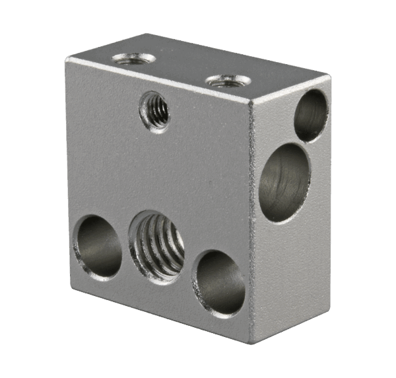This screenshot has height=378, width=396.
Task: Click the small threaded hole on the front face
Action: click(x=155, y=111)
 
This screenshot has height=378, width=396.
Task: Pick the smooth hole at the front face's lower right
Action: click(x=220, y=282)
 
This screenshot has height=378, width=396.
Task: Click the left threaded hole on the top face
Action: click(x=134, y=59)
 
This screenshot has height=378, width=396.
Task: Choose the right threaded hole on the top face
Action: click(x=228, y=81)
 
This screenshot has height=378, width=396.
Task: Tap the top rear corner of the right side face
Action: click(x=328, y=78)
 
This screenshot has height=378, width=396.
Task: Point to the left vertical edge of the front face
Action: click(x=67, y=165)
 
